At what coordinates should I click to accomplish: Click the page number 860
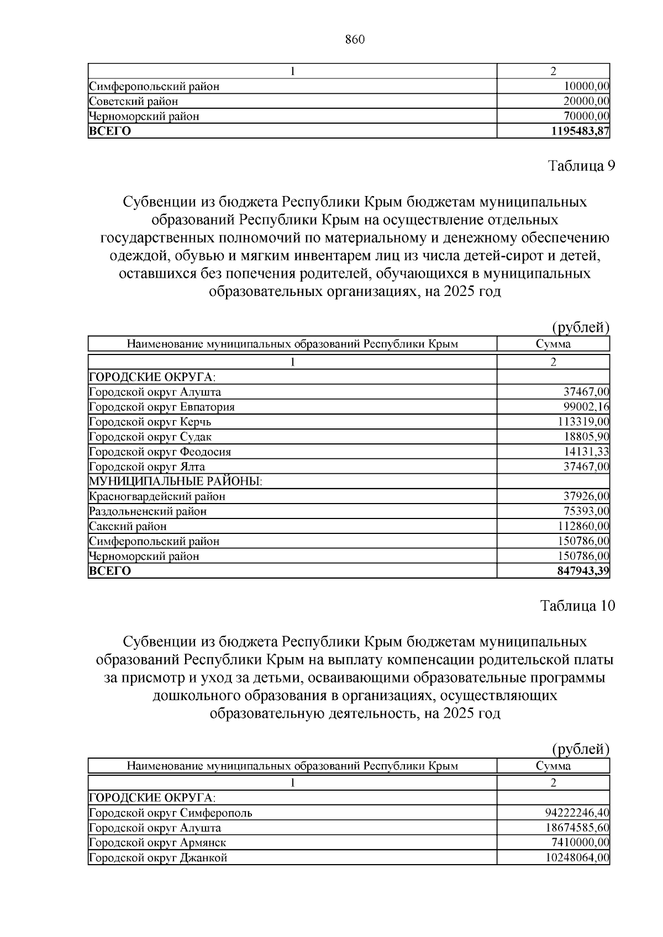click(355, 40)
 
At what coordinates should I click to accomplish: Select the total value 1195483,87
click(580, 131)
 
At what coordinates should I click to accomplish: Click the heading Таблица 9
click(581, 166)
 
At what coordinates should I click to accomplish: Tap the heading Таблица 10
click(577, 606)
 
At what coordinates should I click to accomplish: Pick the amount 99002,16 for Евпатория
click(586, 407)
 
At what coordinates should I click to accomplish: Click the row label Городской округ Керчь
click(150, 422)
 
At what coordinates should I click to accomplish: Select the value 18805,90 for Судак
click(586, 437)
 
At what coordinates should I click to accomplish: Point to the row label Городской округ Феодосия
click(160, 452)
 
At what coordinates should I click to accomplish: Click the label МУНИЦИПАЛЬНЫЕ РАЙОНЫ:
click(176, 481)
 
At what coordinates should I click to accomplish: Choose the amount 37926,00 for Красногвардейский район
click(586, 496)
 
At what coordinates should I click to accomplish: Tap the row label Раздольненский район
click(148, 511)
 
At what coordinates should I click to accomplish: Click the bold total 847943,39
click(583, 571)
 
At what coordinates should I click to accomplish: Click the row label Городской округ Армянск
click(157, 843)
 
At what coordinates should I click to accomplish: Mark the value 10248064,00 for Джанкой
click(577, 857)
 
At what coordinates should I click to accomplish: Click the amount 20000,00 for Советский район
click(586, 101)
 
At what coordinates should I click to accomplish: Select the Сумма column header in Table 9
click(553, 344)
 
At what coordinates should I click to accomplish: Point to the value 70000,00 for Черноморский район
click(586, 116)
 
